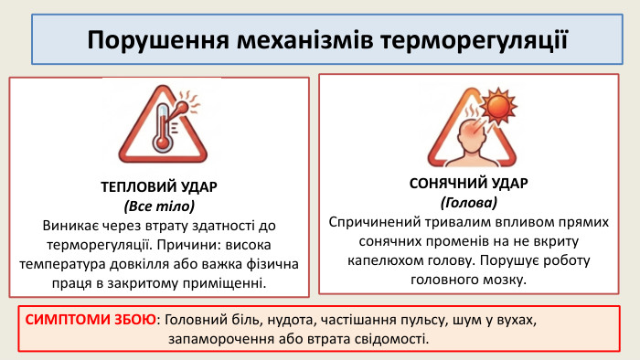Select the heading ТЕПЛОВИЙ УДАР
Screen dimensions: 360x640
pyautogui.click(x=159, y=187)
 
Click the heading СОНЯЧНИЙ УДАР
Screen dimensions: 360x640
pyautogui.click(x=468, y=183)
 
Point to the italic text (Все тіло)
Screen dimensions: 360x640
pyautogui.click(x=159, y=206)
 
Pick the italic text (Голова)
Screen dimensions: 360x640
pyautogui.click(x=468, y=202)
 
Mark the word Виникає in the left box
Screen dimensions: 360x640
pyautogui.click(x=69, y=225)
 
